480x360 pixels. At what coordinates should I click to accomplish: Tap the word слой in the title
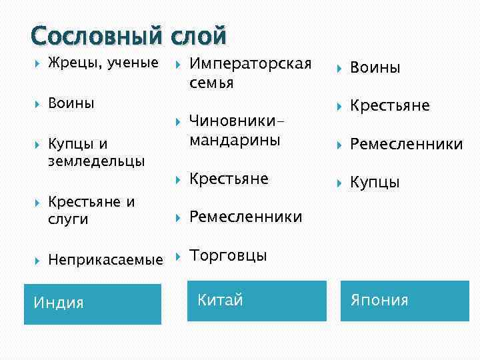[x=200, y=35]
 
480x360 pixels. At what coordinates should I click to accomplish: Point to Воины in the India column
[x=71, y=103]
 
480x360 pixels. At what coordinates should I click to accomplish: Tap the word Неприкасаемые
[x=105, y=259]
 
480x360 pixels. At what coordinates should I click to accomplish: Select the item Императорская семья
[x=250, y=73]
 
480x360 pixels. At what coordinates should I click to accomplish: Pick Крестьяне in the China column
[x=229, y=179]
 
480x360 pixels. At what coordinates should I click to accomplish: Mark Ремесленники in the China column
[x=245, y=217]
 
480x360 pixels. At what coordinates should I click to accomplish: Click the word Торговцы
[x=228, y=255]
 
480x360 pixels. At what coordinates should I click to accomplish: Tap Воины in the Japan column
[x=375, y=68]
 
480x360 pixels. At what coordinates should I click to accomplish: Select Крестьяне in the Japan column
[x=390, y=106]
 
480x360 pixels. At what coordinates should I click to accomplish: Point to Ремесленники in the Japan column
[x=406, y=144]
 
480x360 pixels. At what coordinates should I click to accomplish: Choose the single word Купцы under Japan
[x=375, y=182]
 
